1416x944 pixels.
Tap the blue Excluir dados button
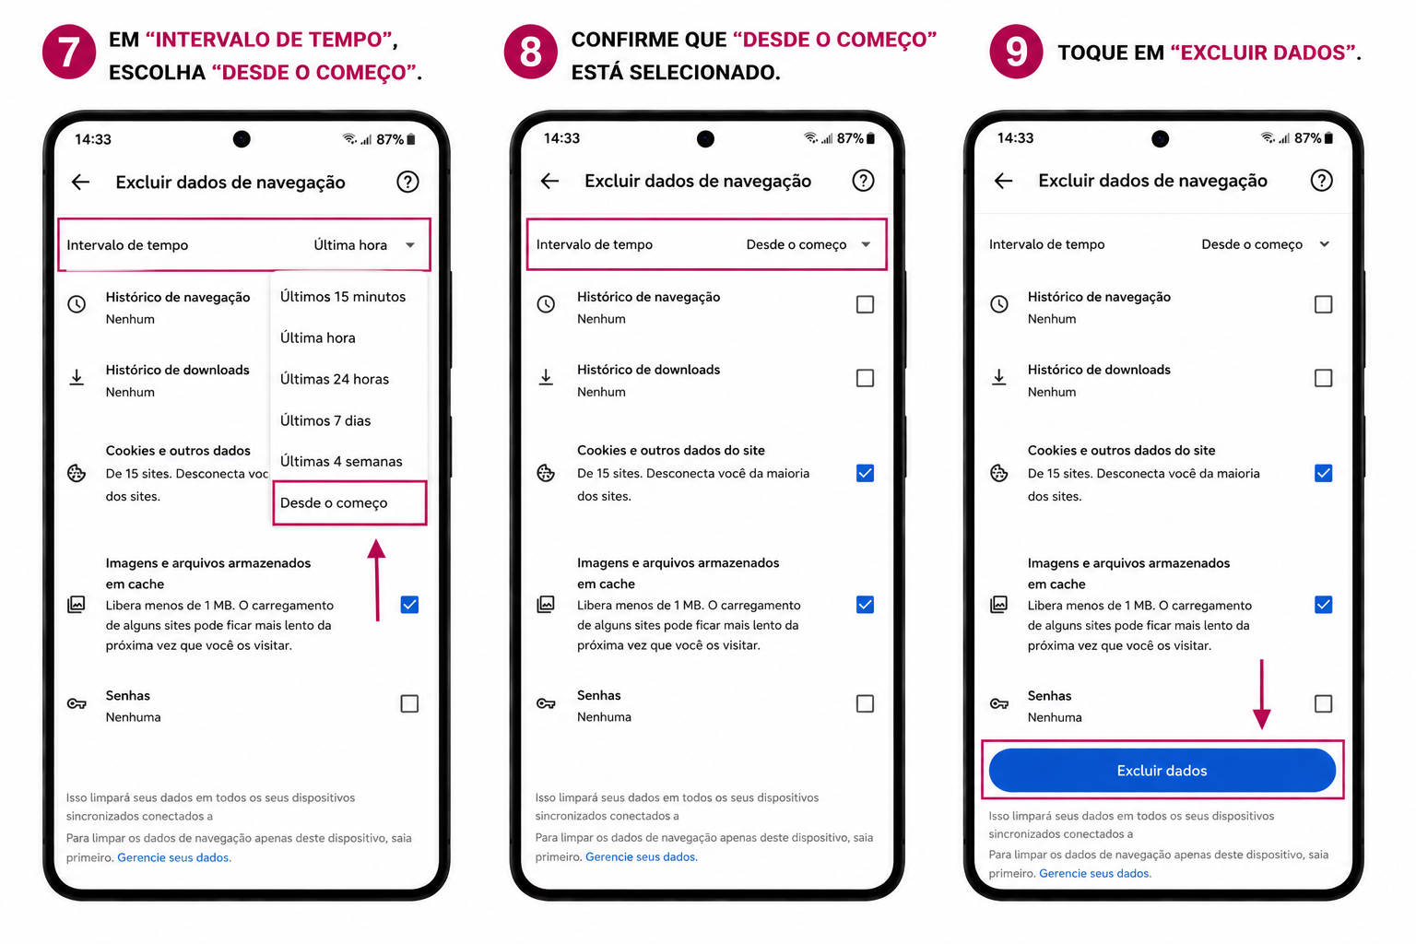point(1162,770)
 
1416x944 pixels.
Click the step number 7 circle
point(69,52)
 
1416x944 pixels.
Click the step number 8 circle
point(530,52)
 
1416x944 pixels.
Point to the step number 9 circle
point(1016,52)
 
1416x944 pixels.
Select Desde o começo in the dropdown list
point(334,502)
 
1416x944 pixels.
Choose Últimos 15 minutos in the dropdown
point(343,297)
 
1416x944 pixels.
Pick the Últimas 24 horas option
point(335,379)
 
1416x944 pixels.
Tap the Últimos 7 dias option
point(324,420)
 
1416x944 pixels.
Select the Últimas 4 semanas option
point(341,462)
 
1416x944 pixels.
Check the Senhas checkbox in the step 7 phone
point(409,703)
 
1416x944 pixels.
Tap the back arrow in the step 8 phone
point(550,182)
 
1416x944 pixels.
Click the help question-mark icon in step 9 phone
point(1321,181)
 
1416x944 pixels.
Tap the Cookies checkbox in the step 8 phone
point(865,473)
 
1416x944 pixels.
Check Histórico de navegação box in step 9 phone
point(1323,304)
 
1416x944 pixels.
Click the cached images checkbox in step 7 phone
point(409,605)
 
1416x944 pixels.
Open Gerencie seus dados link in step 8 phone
point(641,856)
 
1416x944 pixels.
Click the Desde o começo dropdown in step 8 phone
point(808,244)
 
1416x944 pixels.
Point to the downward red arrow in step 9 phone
point(1262,694)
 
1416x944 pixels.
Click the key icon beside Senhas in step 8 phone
point(546,703)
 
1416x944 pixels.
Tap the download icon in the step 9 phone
point(998,377)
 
